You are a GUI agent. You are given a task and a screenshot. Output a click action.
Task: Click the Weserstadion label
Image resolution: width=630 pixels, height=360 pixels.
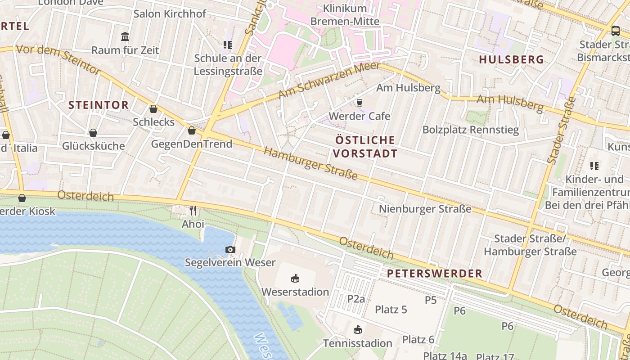coord(295,292)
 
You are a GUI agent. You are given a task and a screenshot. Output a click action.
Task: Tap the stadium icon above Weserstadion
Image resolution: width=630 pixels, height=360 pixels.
coord(295,278)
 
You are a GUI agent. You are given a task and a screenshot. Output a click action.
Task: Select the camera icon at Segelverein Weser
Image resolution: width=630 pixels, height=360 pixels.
coord(230,249)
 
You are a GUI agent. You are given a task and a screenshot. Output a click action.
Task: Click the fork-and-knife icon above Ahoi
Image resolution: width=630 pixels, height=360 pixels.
coord(193,210)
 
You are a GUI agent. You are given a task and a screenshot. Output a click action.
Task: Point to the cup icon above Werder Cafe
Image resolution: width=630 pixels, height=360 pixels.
coord(359,103)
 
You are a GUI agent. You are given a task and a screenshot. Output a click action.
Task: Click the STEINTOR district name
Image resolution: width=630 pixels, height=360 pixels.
coord(98,105)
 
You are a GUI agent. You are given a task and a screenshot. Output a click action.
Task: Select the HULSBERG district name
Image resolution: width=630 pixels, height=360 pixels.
coord(511,60)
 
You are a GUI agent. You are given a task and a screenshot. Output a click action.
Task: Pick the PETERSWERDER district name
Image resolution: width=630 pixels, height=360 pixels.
coord(434,273)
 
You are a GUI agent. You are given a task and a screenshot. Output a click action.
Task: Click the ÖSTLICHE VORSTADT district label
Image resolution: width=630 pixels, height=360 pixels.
coord(366,147)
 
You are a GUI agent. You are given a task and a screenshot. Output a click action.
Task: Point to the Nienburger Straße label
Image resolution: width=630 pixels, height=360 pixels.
coord(425,209)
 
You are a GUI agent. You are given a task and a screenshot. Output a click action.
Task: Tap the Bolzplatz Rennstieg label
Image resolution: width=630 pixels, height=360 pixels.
coord(470,130)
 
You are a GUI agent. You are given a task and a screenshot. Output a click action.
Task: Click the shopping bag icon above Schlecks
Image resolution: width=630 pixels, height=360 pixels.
coord(153,109)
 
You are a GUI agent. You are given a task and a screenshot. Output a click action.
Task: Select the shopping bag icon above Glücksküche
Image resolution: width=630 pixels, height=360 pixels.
coord(93,133)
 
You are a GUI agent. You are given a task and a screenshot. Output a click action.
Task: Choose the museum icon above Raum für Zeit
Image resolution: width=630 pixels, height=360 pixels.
coord(125,36)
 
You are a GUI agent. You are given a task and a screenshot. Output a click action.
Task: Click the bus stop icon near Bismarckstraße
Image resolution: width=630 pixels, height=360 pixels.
coord(615,31)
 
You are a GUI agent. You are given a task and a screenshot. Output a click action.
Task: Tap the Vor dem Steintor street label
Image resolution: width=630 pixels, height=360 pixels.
coord(58,59)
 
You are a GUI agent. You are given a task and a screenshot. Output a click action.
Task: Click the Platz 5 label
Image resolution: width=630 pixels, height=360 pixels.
coord(391,310)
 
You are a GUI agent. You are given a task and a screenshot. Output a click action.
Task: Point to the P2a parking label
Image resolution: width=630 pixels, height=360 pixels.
coord(356,298)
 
